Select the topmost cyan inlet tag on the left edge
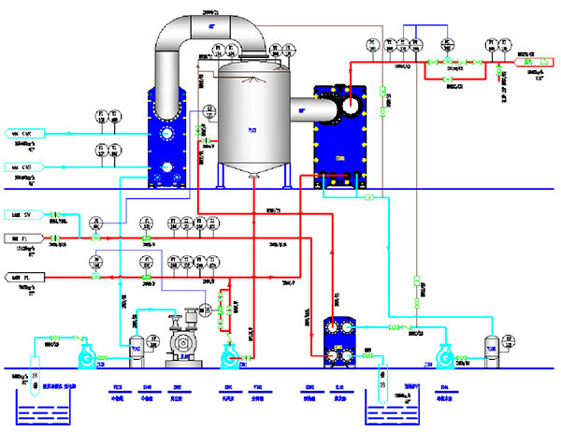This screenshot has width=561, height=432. click(x=28, y=134)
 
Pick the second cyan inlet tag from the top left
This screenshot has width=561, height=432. click(x=28, y=167)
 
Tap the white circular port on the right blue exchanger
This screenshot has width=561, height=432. click(x=351, y=107)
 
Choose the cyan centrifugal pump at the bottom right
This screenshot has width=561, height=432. click(x=443, y=354)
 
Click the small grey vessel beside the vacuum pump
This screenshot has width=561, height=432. click(x=135, y=347)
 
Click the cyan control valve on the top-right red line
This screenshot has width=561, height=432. click(x=447, y=62)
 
